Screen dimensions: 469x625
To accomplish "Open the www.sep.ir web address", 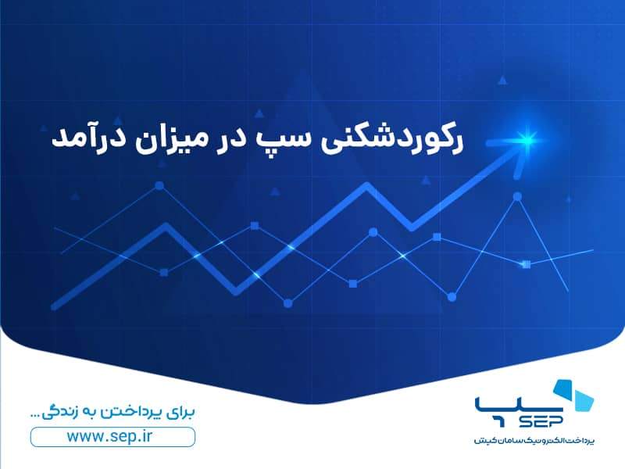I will pos(112,436).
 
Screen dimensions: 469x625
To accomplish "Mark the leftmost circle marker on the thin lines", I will pos(160,186).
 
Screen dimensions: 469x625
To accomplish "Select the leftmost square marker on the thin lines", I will pos(164,272).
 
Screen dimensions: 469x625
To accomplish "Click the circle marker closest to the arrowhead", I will pos(516,197).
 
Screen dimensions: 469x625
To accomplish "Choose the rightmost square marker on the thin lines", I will pos(526,264).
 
